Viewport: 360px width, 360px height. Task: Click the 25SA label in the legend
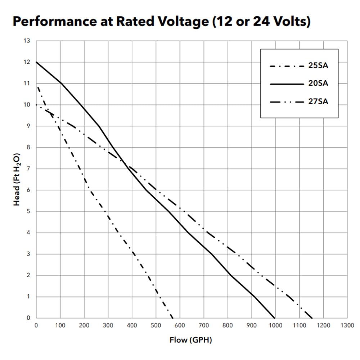click(x=318, y=66)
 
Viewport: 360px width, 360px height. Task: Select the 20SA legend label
click(x=318, y=84)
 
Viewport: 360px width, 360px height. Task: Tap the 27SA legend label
click(x=318, y=102)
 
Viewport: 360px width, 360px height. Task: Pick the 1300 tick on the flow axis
click(x=347, y=325)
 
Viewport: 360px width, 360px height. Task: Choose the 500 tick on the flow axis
click(x=156, y=325)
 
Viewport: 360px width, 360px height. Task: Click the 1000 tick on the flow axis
click(x=275, y=325)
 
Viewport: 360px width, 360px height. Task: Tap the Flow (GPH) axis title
click(x=190, y=340)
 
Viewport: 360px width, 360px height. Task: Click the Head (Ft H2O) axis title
click(x=17, y=179)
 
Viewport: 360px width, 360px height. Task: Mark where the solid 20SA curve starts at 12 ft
click(x=36, y=62)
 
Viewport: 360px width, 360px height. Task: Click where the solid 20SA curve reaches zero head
click(x=275, y=318)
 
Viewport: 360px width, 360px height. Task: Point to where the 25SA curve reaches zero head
click(x=172, y=318)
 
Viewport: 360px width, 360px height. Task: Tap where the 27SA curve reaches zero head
click(x=312, y=318)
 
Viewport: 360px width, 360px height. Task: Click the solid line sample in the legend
click(x=286, y=84)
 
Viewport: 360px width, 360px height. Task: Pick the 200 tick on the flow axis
click(x=84, y=325)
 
